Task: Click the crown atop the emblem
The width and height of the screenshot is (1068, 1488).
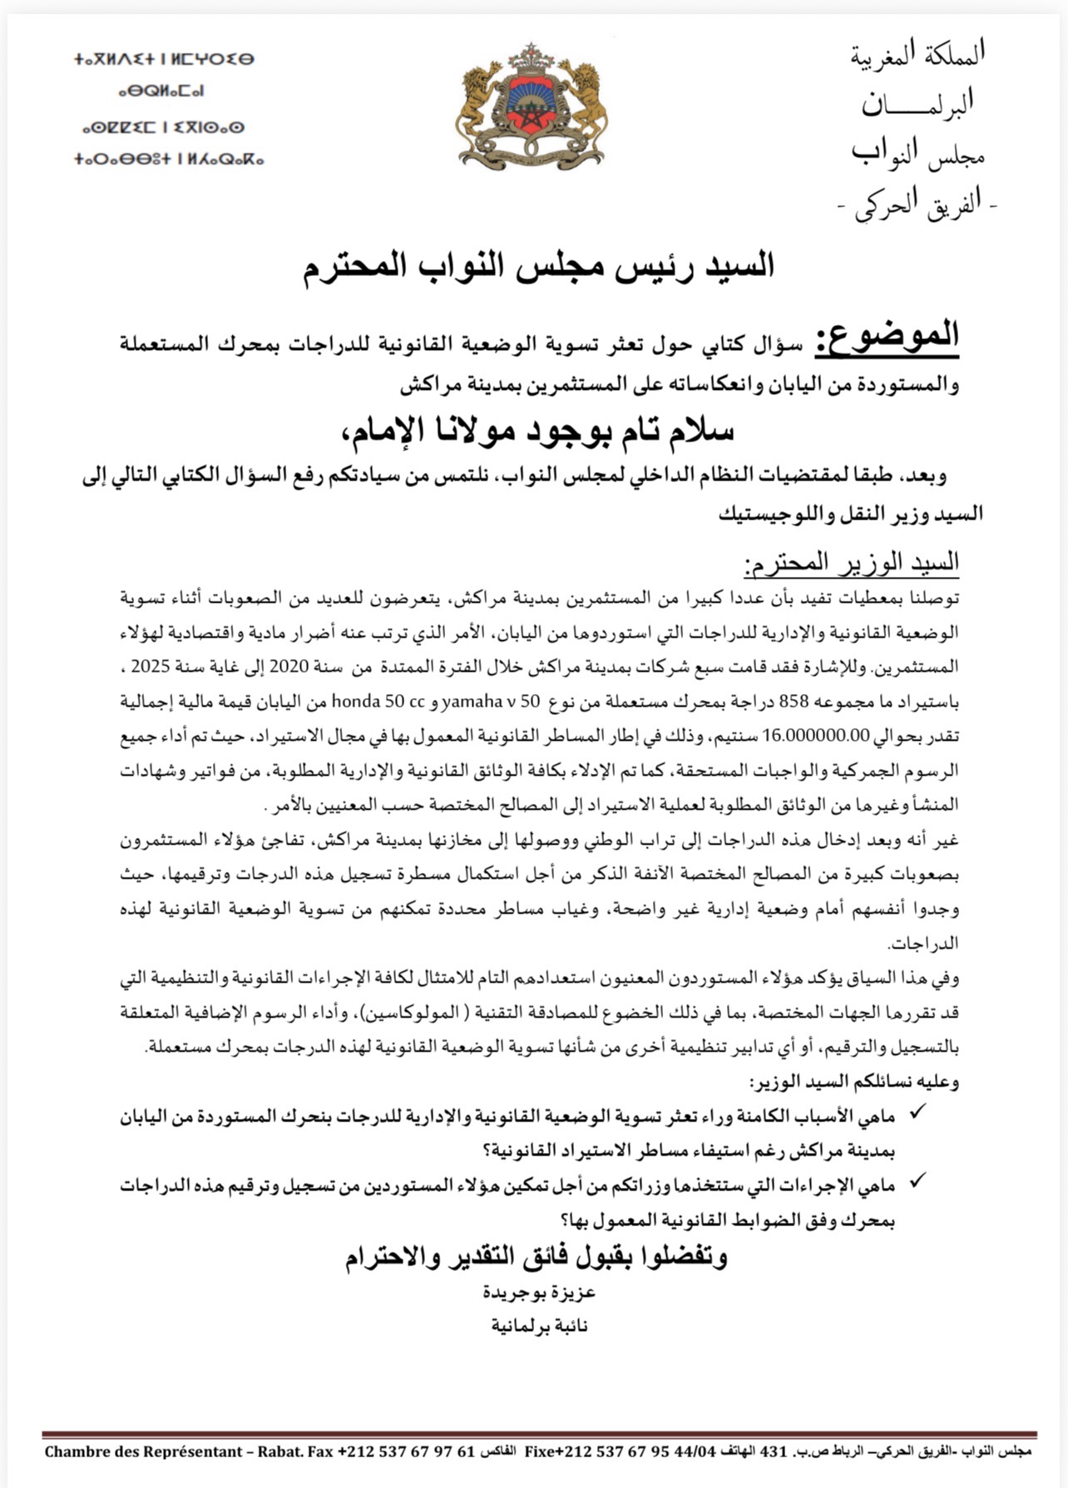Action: click(532, 59)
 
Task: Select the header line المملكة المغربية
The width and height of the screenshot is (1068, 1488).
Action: click(918, 55)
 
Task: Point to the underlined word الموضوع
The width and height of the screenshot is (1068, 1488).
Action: click(887, 337)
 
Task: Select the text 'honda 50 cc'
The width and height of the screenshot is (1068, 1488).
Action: click(378, 702)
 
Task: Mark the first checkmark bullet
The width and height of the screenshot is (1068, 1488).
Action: click(918, 1112)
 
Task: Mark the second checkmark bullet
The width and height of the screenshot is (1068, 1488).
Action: click(918, 1181)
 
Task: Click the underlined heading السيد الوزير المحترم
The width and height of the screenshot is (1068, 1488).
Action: click(852, 565)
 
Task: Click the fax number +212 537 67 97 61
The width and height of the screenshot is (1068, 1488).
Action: click(405, 1452)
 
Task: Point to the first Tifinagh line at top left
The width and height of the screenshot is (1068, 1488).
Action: click(164, 59)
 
